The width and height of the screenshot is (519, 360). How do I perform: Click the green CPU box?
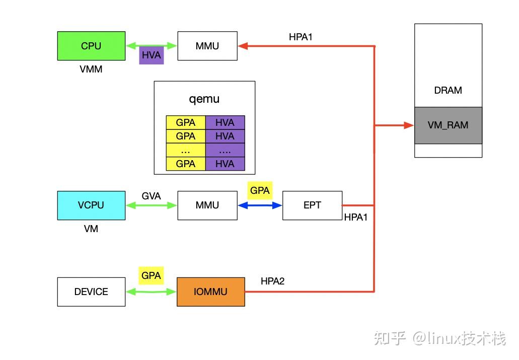[91, 46]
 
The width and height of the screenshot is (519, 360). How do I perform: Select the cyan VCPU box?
[91, 205]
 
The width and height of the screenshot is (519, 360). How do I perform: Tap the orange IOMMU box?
[210, 292]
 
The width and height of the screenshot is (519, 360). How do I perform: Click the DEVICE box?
[91, 292]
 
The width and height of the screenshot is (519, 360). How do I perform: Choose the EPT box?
[312, 205]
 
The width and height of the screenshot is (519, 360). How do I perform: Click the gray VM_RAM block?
[448, 125]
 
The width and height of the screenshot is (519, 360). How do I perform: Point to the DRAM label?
[448, 91]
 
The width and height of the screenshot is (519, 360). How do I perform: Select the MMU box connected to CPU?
[207, 46]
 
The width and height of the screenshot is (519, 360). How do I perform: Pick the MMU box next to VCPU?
[207, 205]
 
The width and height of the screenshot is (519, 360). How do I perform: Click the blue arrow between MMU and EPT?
[260, 205]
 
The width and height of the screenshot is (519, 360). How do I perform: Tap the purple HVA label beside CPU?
[151, 55]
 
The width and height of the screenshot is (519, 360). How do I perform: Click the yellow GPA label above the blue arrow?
[260, 191]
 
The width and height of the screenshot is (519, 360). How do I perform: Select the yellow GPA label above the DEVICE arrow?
[151, 275]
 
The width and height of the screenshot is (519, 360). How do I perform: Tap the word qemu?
[204, 99]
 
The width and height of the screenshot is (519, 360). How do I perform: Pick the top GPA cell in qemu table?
[186, 122]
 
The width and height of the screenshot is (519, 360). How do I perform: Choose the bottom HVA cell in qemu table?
[225, 164]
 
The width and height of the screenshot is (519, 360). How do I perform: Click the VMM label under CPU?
[91, 69]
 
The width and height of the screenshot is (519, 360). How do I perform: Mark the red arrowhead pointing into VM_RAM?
[409, 125]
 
